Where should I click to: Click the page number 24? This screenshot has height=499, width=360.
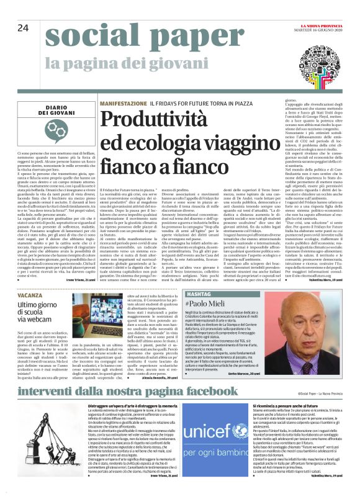coord(24,28)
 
